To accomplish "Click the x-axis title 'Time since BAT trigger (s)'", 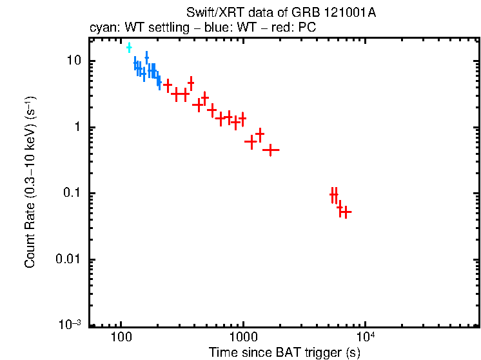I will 284,352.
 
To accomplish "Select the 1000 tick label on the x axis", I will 243,337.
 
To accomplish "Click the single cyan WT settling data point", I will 129,47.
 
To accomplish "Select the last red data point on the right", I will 346,212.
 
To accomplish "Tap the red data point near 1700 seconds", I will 271,150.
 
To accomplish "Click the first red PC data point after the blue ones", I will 168,85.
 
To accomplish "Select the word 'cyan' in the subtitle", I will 101,29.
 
